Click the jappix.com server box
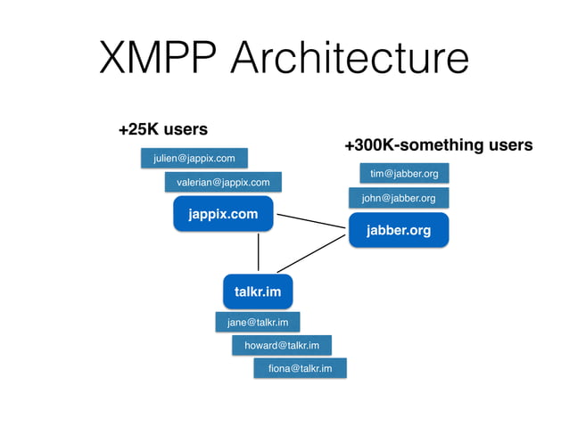click(x=223, y=214)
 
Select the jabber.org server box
click(x=398, y=230)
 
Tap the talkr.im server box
click(x=258, y=292)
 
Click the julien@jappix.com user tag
click(x=194, y=159)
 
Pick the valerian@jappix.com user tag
click(x=223, y=183)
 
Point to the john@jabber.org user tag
click(x=398, y=198)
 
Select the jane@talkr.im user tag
click(x=257, y=322)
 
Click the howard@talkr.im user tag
click(x=281, y=345)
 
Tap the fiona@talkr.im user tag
click(x=300, y=368)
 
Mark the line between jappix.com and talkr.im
click(x=259, y=251)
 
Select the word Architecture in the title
click(x=349, y=59)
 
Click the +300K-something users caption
click(x=438, y=144)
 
